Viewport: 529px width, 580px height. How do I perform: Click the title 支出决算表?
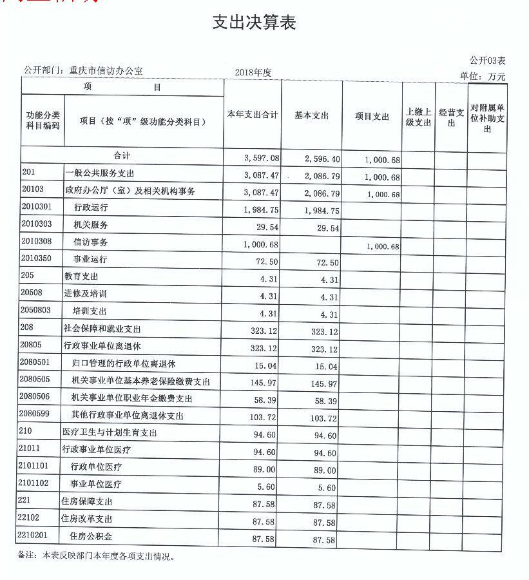tap(254, 23)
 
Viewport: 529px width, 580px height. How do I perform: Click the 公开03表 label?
tap(487, 61)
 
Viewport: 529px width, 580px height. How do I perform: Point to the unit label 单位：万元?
tap(483, 77)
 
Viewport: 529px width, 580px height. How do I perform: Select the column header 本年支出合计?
tap(252, 115)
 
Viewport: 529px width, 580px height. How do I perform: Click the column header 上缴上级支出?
tap(418, 117)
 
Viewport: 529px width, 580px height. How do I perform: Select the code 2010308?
tap(37, 242)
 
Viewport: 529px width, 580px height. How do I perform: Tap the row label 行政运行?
tap(91, 208)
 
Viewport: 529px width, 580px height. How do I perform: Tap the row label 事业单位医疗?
tap(97, 484)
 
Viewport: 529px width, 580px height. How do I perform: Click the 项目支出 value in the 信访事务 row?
tap(382, 247)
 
